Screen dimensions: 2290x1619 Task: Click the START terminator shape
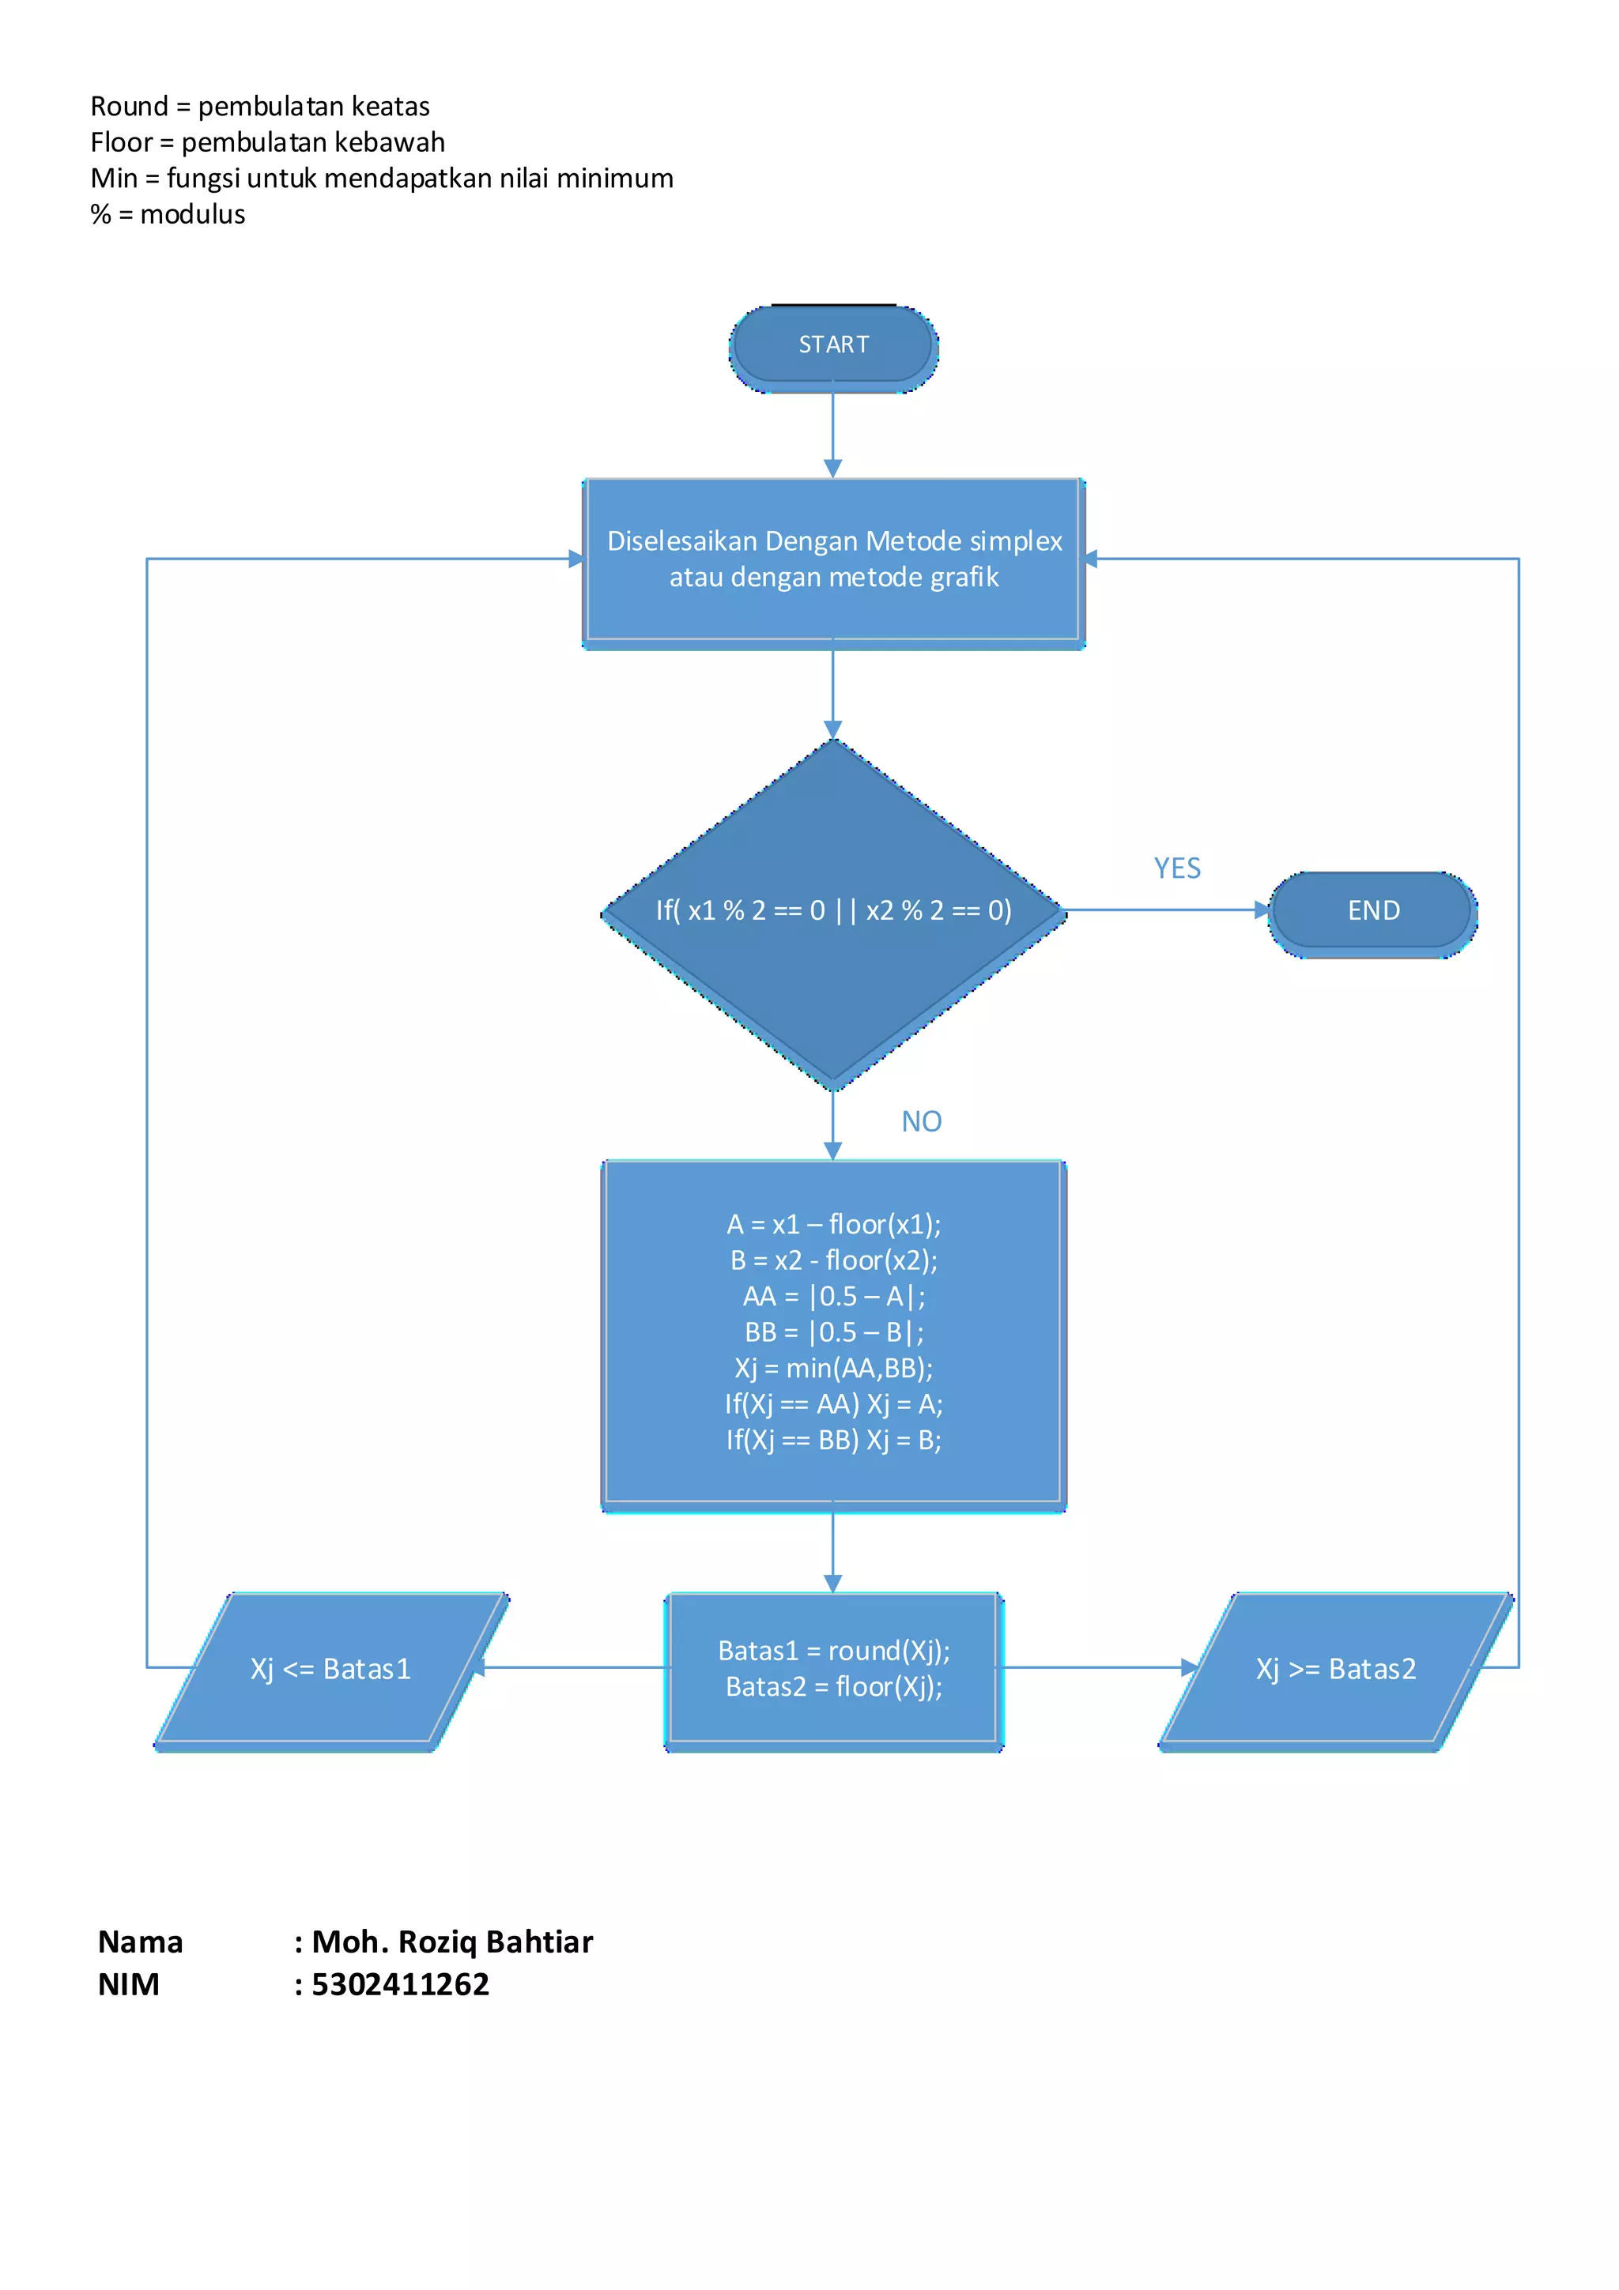click(x=833, y=345)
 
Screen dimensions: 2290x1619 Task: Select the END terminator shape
click(x=1372, y=910)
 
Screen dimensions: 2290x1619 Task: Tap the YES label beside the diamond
click(x=1177, y=868)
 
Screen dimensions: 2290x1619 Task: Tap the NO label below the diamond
click(x=921, y=1122)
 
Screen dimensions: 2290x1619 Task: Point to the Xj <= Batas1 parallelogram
click(x=330, y=1670)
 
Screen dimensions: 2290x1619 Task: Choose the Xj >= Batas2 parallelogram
click(x=1336, y=1670)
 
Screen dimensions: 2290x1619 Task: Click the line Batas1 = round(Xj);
click(x=833, y=1652)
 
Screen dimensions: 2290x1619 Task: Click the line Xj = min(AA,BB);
click(x=833, y=1369)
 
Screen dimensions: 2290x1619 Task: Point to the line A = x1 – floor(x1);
click(x=833, y=1225)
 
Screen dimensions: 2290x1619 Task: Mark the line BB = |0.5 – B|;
click(x=833, y=1332)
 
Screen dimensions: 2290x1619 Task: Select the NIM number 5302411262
click(x=400, y=1985)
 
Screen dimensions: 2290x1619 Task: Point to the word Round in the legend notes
click(x=129, y=107)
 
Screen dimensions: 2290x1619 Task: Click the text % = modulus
click(x=168, y=214)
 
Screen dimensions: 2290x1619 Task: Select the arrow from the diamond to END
click(x=1162, y=910)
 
